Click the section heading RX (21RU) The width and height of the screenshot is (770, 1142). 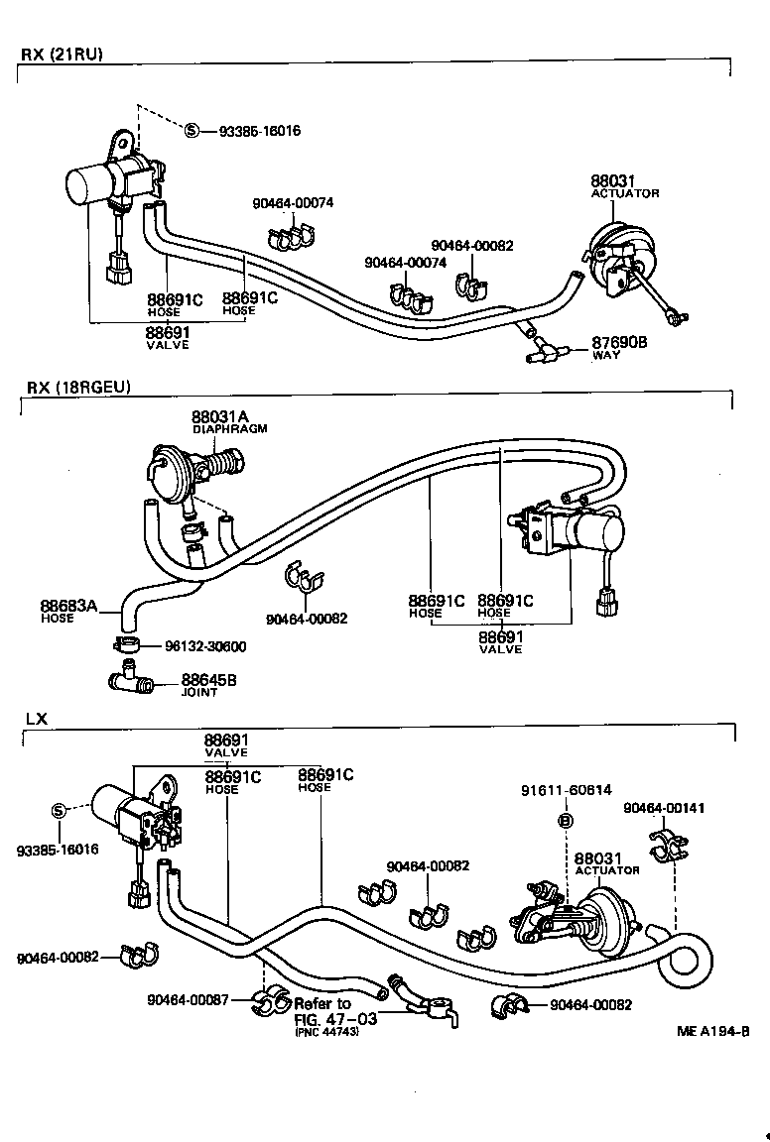[x=62, y=54]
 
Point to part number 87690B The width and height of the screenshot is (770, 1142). [x=619, y=342]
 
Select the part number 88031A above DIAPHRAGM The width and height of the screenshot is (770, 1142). [x=222, y=416]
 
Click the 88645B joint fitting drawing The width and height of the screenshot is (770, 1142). [x=126, y=681]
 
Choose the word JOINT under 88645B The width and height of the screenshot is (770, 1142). [x=198, y=693]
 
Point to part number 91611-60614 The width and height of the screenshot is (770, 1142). [x=566, y=790]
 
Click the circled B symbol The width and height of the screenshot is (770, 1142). [x=566, y=820]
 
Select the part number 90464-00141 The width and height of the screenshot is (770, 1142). [x=664, y=808]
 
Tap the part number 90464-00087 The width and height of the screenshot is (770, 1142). [x=189, y=1000]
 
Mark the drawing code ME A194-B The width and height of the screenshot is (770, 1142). [x=712, y=1030]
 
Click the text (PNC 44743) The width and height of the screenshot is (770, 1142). [x=326, y=1032]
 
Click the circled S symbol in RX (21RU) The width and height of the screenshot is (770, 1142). [x=192, y=131]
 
